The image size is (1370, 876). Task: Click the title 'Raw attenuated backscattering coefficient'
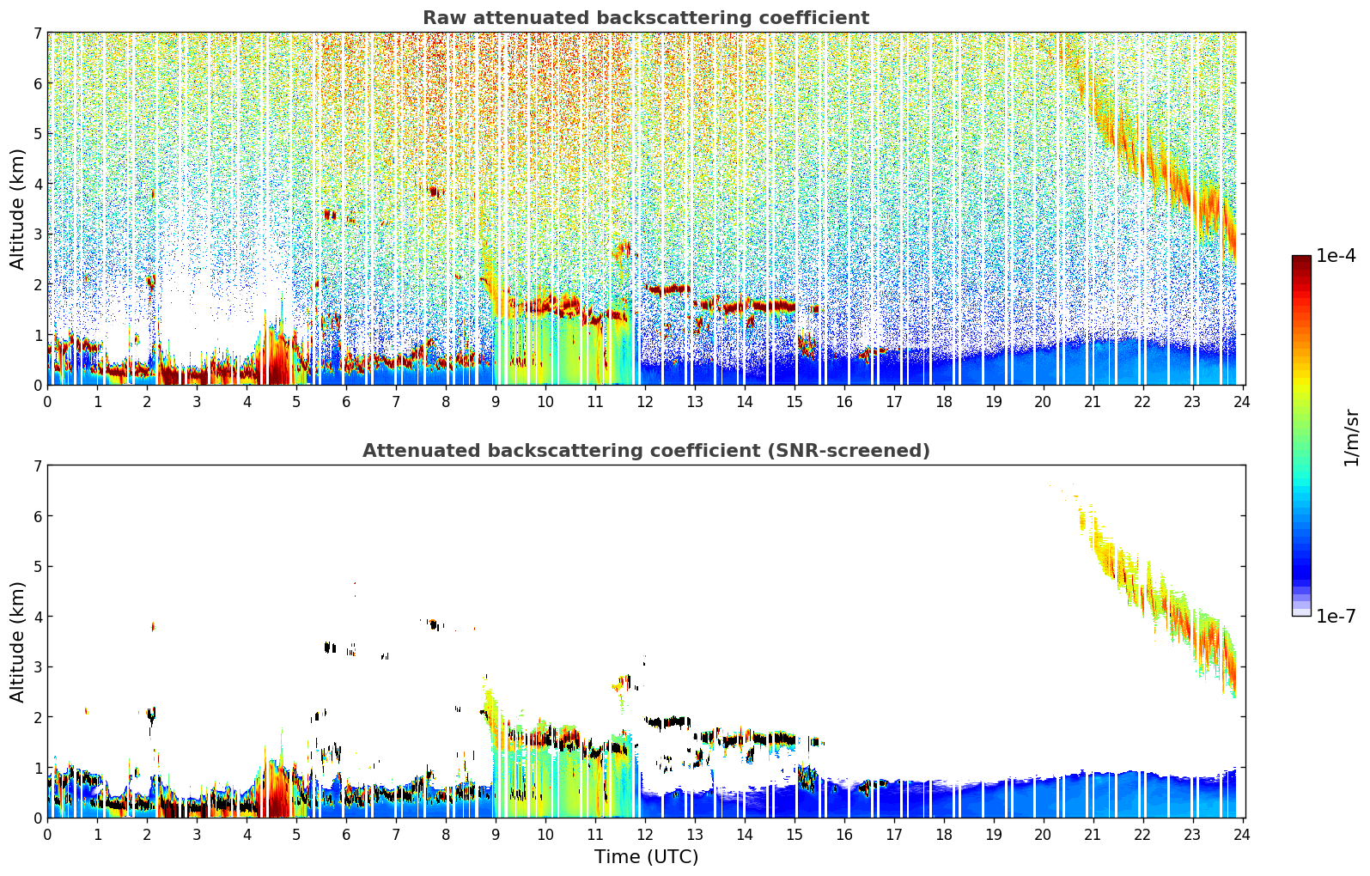645,18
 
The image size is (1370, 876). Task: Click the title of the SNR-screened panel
645,451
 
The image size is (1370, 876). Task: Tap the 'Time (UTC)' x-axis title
646,856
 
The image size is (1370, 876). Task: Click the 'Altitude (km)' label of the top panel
18,209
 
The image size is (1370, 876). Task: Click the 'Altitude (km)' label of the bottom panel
18,642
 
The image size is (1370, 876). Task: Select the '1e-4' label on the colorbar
1336,256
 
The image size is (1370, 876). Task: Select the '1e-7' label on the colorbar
1336,616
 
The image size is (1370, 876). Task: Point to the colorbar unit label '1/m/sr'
1351,437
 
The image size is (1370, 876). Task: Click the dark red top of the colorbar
1301,260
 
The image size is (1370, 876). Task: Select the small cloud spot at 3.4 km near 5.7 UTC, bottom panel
330,647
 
